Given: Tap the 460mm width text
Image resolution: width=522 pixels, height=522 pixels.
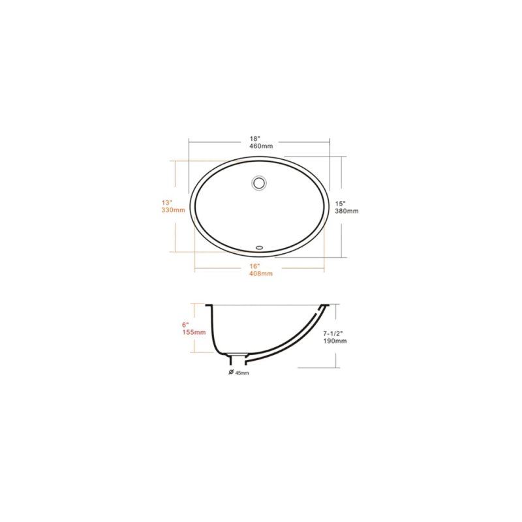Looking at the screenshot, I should (260, 146).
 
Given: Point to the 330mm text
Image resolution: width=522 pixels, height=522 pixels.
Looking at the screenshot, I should (174, 210).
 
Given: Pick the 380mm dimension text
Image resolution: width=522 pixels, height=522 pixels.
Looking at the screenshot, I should (347, 211).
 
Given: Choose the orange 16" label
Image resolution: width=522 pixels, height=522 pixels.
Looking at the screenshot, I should (254, 266).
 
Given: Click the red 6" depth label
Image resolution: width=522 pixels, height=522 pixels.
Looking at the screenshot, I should (186, 324).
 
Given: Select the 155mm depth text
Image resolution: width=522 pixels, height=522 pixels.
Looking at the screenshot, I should (194, 332).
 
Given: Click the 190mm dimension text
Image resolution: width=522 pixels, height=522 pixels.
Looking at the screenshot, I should (335, 341).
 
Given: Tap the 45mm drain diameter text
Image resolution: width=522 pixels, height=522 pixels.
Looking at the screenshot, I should (243, 373).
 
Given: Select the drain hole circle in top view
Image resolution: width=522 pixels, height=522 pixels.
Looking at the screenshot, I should (259, 182).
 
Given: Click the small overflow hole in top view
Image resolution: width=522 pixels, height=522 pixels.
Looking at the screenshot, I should (259, 247).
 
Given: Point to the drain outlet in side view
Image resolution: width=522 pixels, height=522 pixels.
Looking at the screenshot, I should (239, 359).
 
